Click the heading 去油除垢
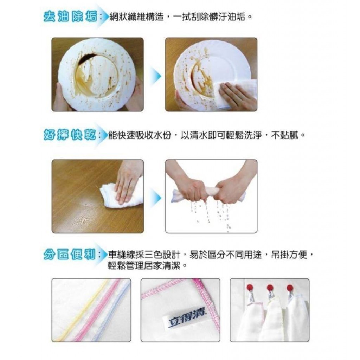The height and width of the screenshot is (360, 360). pos(70,17)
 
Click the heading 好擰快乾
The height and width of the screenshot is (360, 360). pos(70,135)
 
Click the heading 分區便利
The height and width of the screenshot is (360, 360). pos(70,255)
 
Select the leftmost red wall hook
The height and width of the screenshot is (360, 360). pos(250,287)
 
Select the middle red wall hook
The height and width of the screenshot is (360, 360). pos(270,288)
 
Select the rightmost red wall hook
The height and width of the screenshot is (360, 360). pos(290,288)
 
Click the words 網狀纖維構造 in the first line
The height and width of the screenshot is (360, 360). pos(137,17)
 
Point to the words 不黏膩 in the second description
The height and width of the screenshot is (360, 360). pos(285,135)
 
